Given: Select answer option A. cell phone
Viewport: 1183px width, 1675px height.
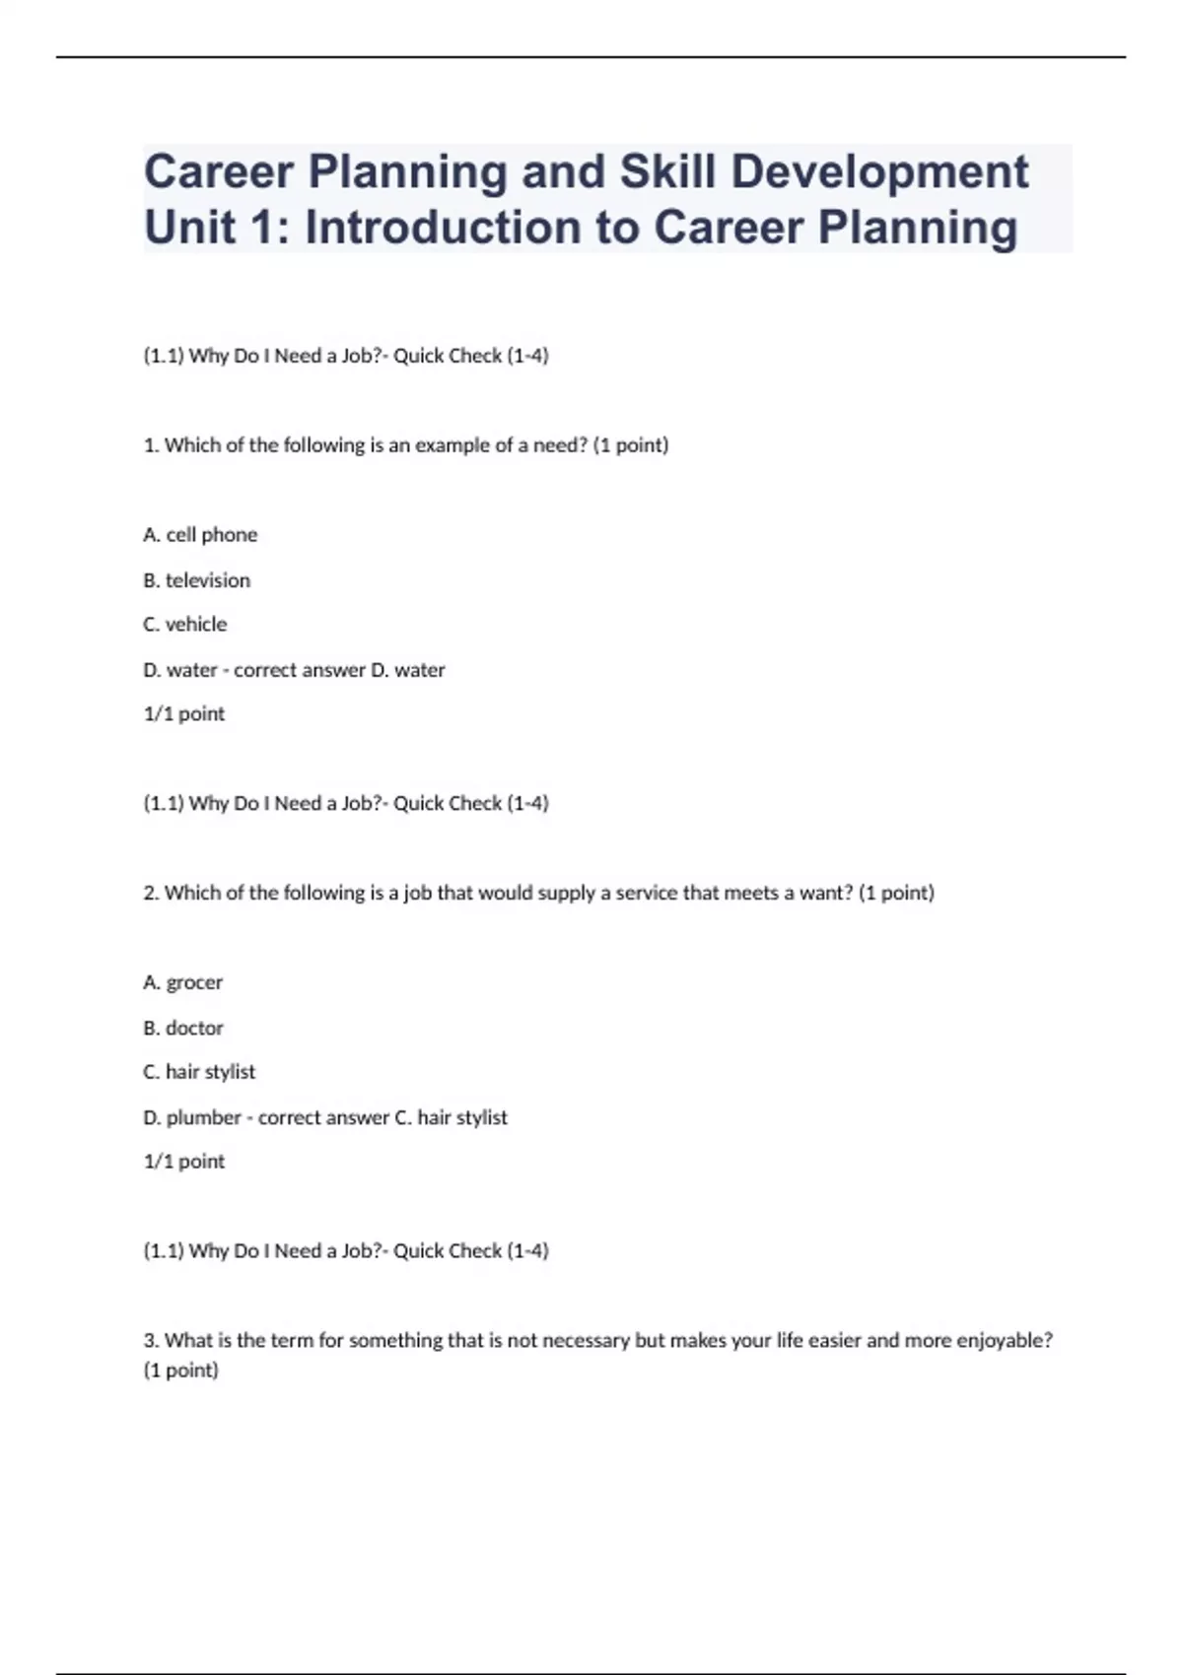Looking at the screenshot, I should [x=200, y=535].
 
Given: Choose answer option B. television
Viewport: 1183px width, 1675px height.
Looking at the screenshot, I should [x=196, y=580].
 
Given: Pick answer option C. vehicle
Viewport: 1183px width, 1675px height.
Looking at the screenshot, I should [x=184, y=625].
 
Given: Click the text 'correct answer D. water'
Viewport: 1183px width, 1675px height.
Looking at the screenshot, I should [x=339, y=670].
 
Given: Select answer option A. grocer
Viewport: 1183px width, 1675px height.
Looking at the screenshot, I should [x=182, y=982].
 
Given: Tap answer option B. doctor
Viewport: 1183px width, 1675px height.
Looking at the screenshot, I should [x=183, y=1028].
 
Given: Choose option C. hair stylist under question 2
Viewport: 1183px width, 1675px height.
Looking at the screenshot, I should [x=199, y=1072].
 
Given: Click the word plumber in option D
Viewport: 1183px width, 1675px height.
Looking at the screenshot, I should [x=203, y=1117].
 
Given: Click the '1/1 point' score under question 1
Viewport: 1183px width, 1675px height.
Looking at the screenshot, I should [x=184, y=714].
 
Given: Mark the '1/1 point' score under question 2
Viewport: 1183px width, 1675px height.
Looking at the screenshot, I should [x=184, y=1162].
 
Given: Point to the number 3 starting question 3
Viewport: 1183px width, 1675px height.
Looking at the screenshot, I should [x=150, y=1340].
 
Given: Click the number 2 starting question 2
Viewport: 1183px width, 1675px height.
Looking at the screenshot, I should [x=150, y=893].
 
